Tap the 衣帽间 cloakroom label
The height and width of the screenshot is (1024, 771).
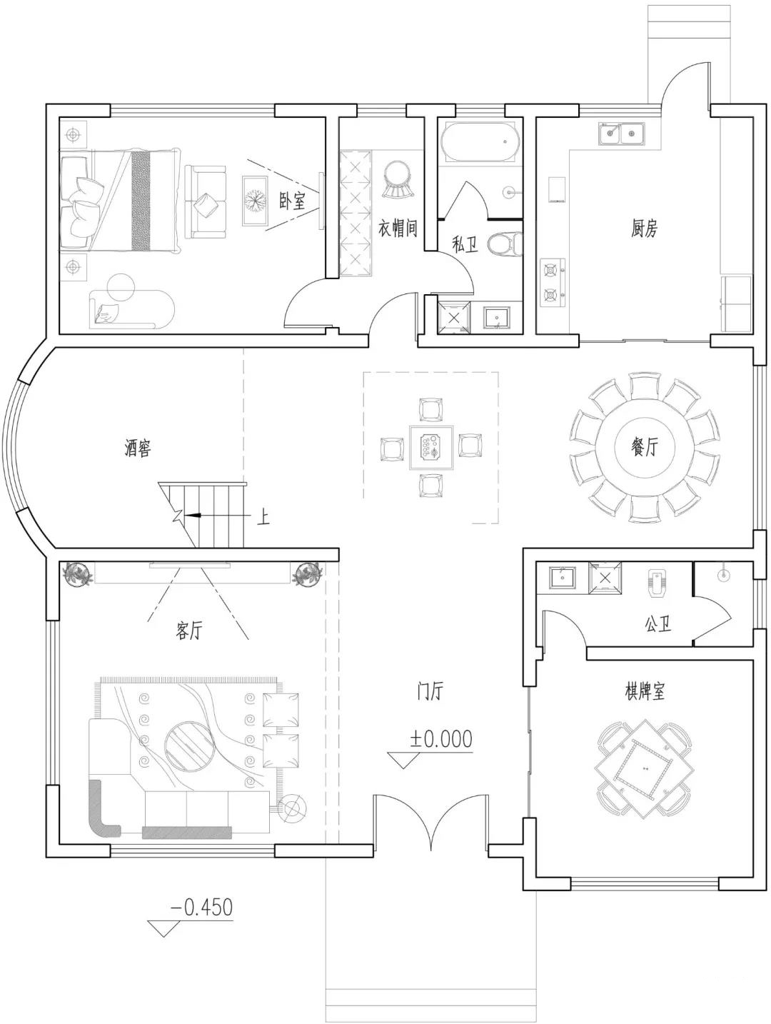(397, 228)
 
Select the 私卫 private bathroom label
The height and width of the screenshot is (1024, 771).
(465, 244)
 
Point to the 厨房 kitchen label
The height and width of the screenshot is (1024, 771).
(644, 229)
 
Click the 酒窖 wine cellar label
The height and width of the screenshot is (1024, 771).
(138, 448)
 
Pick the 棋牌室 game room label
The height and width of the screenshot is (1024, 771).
(644, 691)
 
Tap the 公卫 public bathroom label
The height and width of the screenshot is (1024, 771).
(657, 623)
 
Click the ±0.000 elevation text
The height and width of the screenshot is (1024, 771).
(440, 738)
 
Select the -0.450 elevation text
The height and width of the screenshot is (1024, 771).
(202, 908)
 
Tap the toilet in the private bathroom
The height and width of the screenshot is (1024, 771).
(505, 244)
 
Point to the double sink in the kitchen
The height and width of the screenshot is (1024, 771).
(623, 134)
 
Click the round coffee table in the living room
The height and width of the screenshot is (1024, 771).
(189, 746)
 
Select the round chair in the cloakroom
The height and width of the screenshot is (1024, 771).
(399, 179)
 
